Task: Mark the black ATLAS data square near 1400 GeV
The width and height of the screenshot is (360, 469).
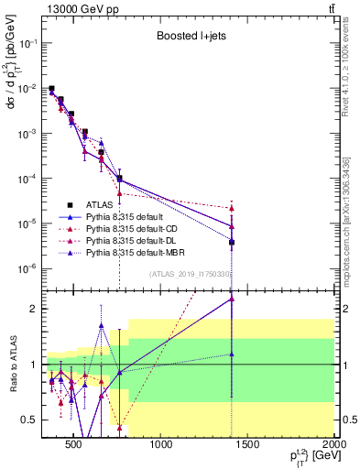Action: (233, 243)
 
